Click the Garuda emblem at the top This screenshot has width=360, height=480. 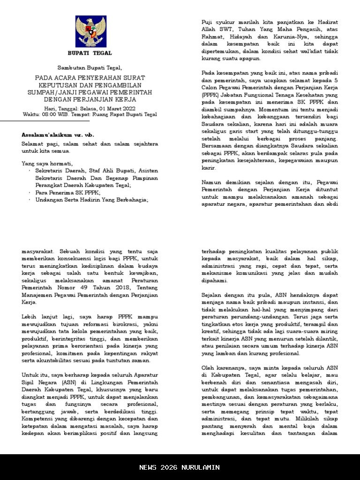click(91, 31)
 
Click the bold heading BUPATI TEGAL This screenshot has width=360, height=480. click(90, 53)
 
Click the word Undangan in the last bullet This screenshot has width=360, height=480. click(48, 200)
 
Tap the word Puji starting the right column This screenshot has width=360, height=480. click(207, 22)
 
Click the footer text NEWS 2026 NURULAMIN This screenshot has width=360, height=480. click(180, 467)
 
